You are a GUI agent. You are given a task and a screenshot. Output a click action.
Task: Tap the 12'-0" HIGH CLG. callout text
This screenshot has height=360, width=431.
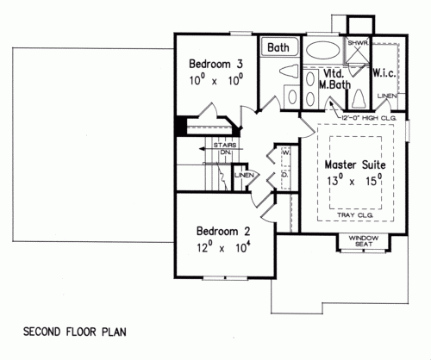click(355, 116)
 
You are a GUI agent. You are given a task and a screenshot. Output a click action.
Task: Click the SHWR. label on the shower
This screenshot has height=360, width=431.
click(357, 41)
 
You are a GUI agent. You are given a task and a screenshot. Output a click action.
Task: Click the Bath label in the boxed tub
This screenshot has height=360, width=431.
click(277, 47)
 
